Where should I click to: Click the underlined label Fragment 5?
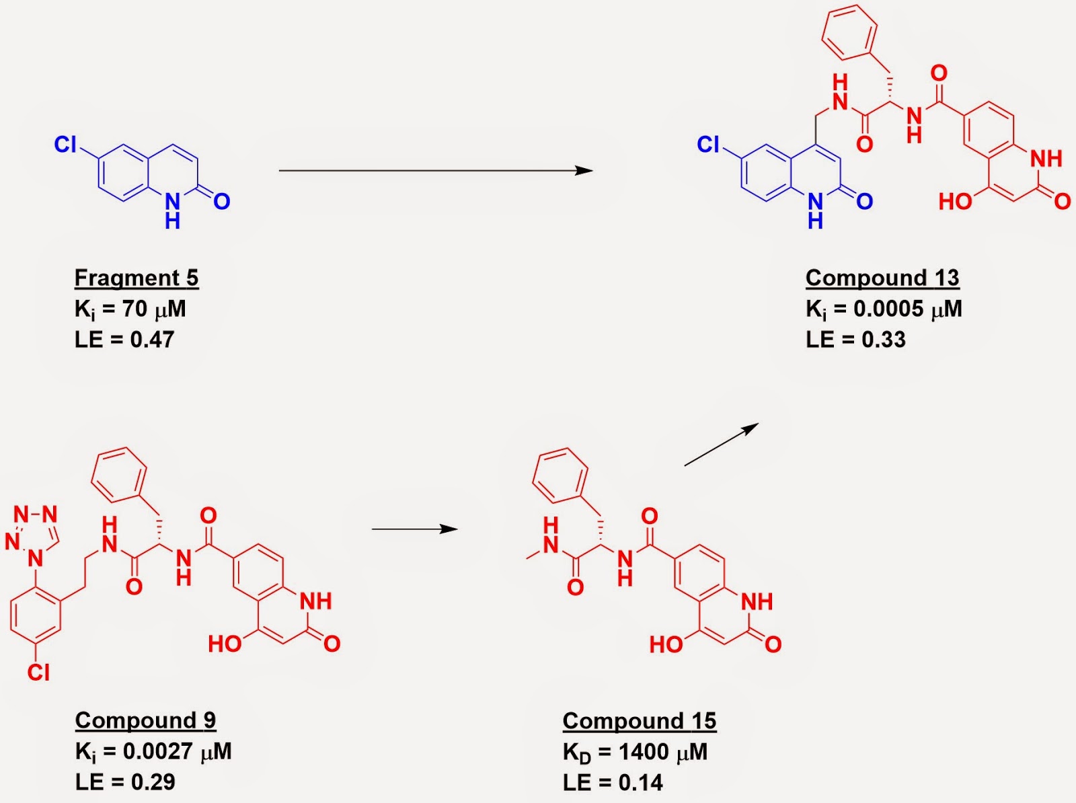click(136, 278)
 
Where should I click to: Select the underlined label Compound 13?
click(882, 278)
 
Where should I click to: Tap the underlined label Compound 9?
click(145, 720)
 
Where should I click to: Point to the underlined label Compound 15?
click(639, 721)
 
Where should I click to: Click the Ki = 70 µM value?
click(130, 309)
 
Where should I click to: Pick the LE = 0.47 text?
click(124, 340)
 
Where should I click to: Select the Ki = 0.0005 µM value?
click(883, 309)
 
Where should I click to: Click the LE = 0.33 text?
click(855, 340)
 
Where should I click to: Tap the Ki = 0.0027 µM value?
click(153, 751)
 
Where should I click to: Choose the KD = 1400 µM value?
click(634, 752)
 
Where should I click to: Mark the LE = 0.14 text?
click(613, 782)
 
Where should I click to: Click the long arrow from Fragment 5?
click(435, 171)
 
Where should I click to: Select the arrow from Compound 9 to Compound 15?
click(414, 529)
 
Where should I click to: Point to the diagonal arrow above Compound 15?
click(721, 445)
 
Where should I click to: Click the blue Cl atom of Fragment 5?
click(66, 144)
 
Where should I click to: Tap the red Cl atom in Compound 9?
click(38, 672)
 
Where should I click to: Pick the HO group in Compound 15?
click(665, 645)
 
